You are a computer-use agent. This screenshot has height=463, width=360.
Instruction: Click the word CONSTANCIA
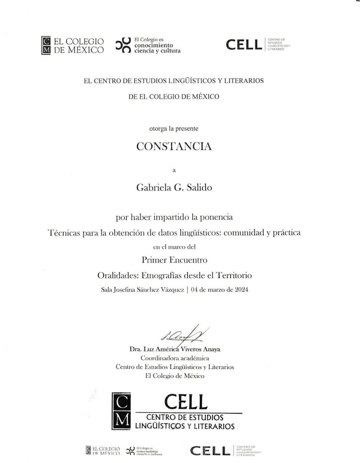coord(174,146)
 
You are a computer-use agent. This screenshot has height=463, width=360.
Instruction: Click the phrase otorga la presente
coord(174,128)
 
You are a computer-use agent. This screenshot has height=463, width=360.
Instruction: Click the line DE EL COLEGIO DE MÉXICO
coord(174,96)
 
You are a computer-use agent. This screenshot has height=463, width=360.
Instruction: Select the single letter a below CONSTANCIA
coord(174,170)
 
